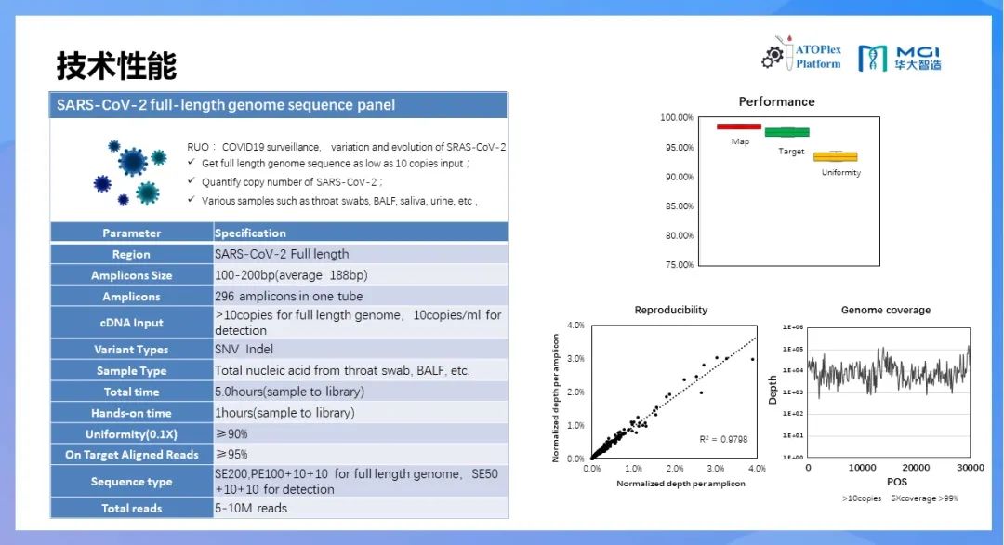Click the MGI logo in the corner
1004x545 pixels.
point(900,59)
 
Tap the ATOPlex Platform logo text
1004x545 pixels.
point(818,57)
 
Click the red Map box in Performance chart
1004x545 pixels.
point(739,126)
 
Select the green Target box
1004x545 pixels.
point(787,133)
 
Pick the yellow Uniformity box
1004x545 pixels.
point(835,157)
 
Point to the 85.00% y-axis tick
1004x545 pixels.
point(679,206)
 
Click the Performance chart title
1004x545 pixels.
point(776,101)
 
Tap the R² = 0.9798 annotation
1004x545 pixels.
point(723,439)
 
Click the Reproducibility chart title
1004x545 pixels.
point(671,310)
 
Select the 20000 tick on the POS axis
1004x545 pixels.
point(916,468)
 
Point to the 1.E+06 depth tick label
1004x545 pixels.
point(793,327)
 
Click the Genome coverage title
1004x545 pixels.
point(886,310)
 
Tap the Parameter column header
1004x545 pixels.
point(131,233)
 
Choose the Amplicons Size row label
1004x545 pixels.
point(131,275)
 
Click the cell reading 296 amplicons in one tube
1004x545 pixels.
point(289,297)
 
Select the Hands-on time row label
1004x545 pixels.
point(131,413)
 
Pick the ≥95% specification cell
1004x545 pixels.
point(231,454)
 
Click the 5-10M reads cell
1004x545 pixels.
point(251,509)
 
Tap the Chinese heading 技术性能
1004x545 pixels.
point(116,65)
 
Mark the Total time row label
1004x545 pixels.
point(131,392)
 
